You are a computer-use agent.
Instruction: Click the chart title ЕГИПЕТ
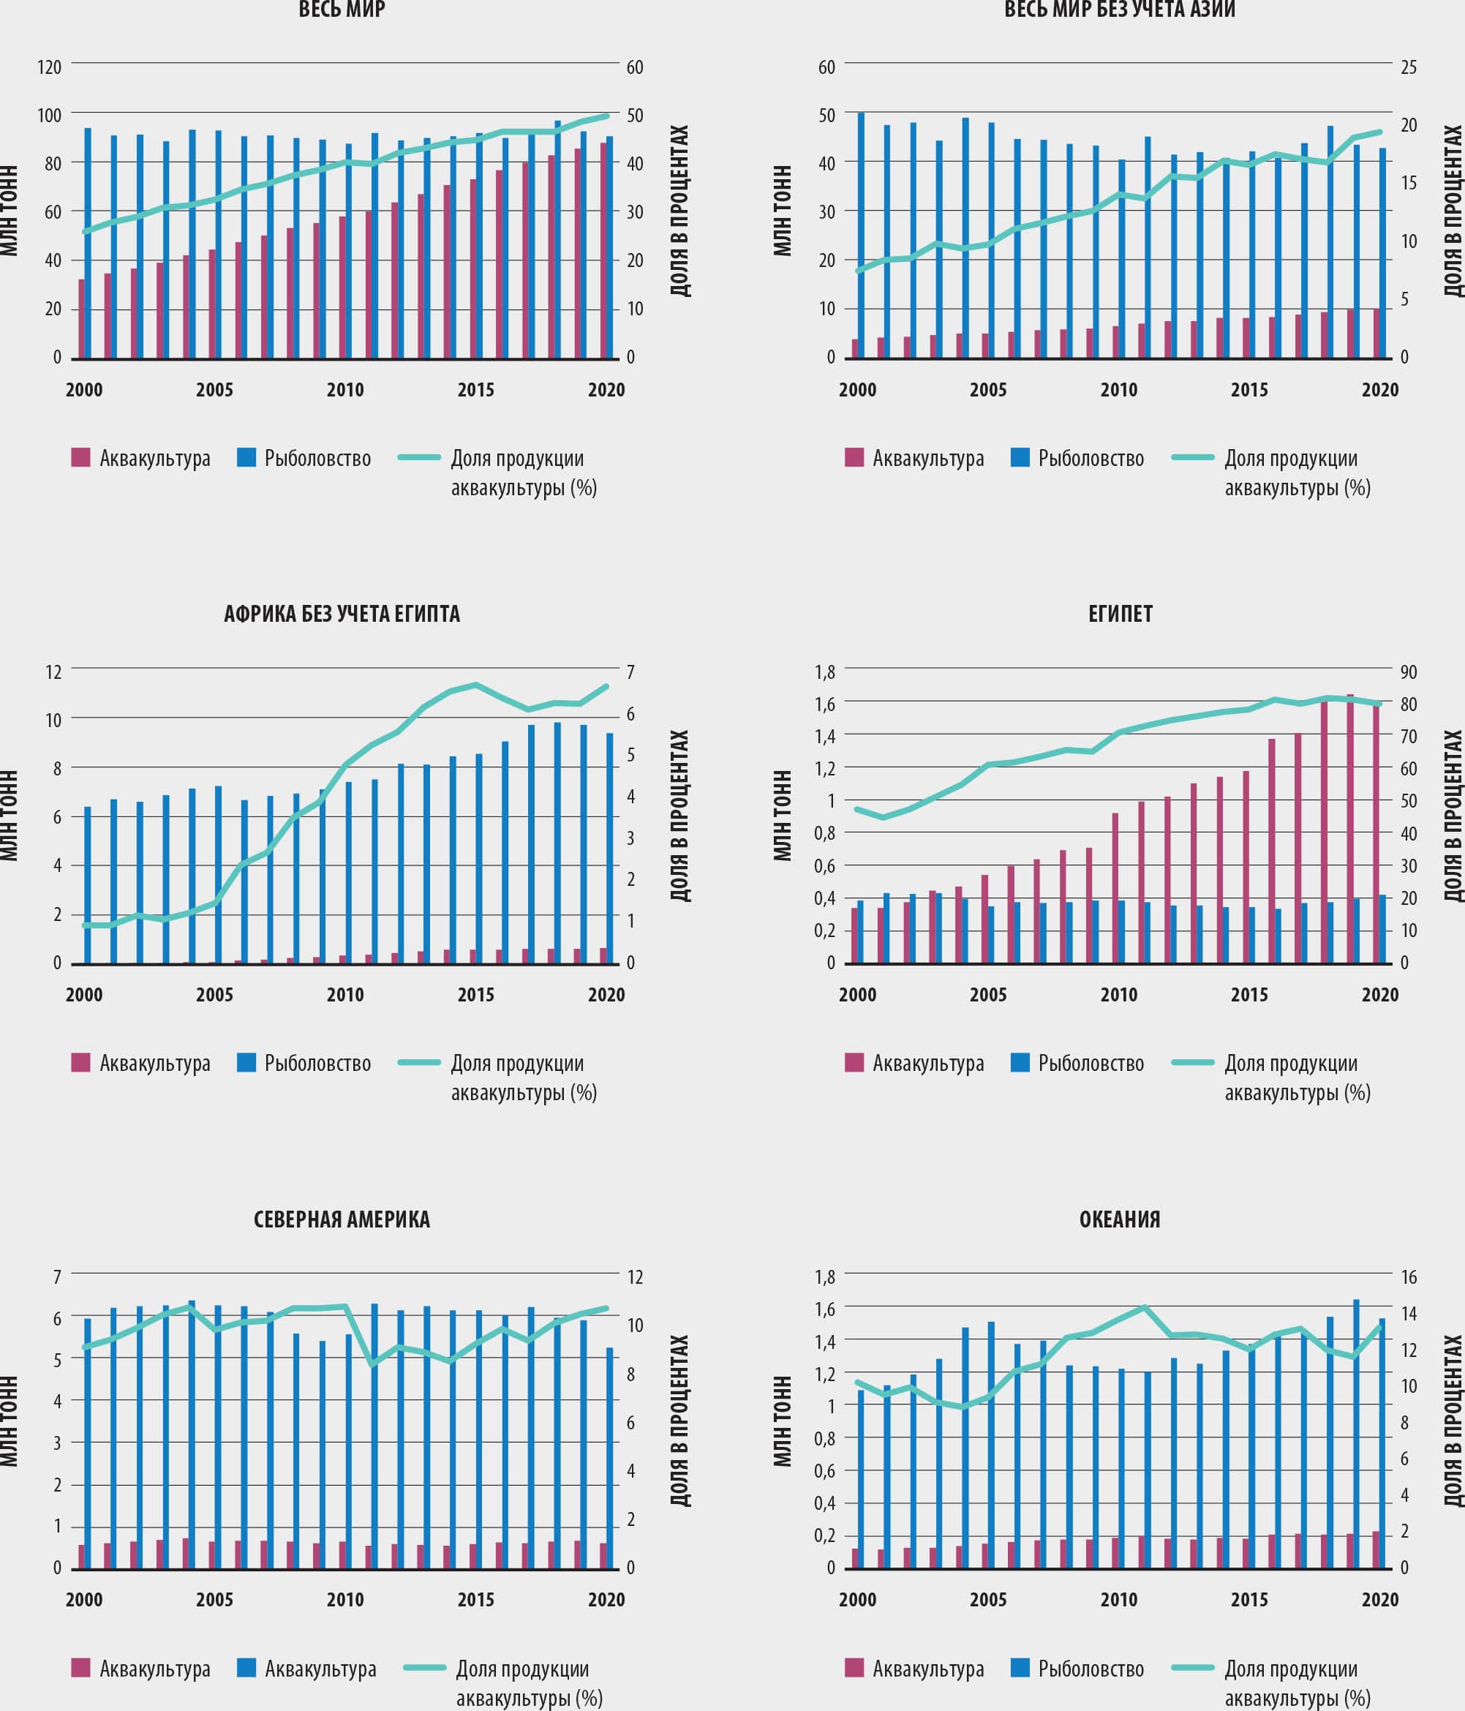(x=1120, y=614)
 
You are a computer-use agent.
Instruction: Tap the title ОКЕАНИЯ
(x=1119, y=1219)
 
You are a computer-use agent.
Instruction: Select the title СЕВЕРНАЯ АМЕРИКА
(x=342, y=1219)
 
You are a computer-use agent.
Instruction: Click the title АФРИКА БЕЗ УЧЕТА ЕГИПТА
(x=342, y=614)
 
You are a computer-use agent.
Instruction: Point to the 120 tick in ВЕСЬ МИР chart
(x=50, y=67)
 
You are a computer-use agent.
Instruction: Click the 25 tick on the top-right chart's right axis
(x=1408, y=67)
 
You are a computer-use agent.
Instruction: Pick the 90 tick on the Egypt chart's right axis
(x=1408, y=672)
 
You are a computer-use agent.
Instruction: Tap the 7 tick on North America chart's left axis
(x=57, y=1276)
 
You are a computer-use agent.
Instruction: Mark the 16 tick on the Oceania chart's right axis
(x=1408, y=1276)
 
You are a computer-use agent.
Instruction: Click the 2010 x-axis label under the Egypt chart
(x=1118, y=995)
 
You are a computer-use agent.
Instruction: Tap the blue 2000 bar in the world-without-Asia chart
(x=862, y=236)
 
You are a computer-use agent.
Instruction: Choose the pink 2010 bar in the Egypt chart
(x=1115, y=888)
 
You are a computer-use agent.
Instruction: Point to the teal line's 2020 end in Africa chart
(x=606, y=686)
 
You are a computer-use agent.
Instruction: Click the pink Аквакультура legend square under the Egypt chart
(x=854, y=1062)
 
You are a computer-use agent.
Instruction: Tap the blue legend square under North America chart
(x=246, y=1667)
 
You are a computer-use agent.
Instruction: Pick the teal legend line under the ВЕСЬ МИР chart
(x=418, y=456)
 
